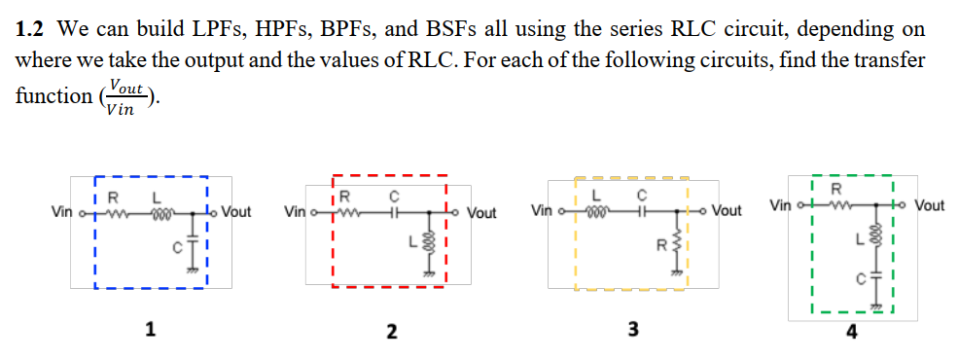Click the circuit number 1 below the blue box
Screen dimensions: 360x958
point(149,329)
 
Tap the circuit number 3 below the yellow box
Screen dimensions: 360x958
point(632,329)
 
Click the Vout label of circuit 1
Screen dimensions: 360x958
point(236,211)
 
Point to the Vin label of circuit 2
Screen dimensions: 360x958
point(295,211)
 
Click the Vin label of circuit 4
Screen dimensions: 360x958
point(781,205)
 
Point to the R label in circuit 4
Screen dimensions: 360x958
point(834,188)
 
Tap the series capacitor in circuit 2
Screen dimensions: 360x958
point(394,211)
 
